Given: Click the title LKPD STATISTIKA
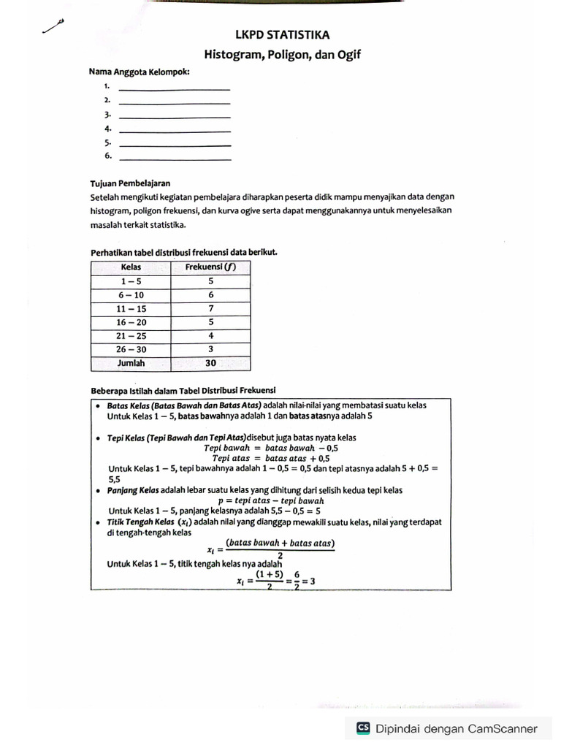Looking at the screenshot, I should tap(282, 34).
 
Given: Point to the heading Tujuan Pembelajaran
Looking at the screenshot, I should tap(130, 183).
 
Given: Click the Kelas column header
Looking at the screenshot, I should tap(131, 267).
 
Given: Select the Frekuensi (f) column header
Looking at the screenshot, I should tap(210, 267).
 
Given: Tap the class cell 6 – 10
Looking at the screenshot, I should tap(131, 295).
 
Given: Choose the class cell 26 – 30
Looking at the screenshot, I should tap(131, 350).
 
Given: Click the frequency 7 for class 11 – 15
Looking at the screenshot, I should tap(210, 309).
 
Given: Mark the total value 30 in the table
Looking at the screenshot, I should tap(210, 363).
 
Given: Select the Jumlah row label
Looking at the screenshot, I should tap(131, 363).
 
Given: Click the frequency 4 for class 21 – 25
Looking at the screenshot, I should tap(210, 336).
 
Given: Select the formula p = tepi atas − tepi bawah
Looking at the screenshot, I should tap(271, 501).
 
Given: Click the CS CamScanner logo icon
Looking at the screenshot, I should tap(363, 728).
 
